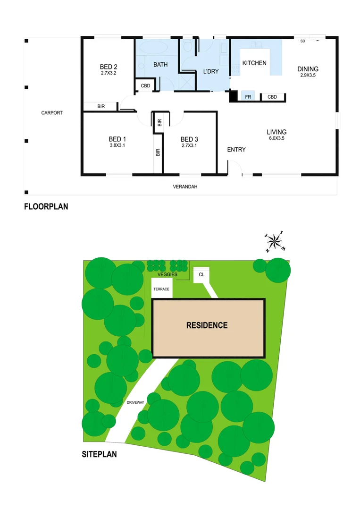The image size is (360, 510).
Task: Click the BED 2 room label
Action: point(108,66)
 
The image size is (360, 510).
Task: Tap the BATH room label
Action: point(160,64)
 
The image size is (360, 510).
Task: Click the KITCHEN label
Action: point(254,63)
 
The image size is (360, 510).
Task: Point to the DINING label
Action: point(308,69)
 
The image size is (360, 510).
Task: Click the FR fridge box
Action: point(248,97)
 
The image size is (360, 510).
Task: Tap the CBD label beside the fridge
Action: point(272,97)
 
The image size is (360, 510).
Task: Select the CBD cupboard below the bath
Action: point(145,86)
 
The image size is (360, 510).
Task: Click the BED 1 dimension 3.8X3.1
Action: point(117,145)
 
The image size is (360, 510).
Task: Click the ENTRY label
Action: point(236,150)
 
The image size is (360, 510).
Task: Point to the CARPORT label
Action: point(52,113)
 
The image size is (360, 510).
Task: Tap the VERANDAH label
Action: point(184,187)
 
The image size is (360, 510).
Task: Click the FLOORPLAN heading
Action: point(46,206)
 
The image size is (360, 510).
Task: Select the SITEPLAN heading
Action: point(99,455)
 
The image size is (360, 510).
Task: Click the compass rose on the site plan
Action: point(274,241)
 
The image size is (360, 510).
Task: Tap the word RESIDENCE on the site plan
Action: point(207,325)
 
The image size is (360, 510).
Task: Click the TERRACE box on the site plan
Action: point(161,288)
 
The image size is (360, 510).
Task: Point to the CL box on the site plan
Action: point(201,275)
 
